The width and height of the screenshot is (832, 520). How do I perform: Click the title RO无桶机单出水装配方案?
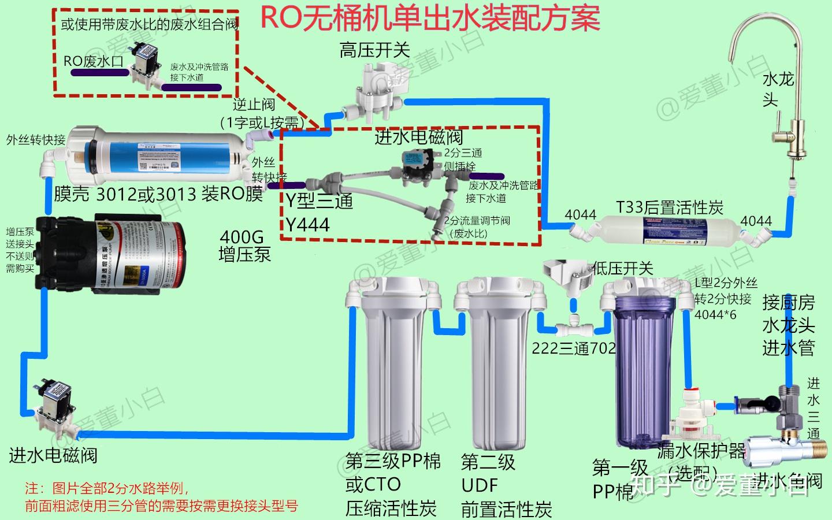coord(430,18)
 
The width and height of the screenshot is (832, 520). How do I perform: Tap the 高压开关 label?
coord(374,50)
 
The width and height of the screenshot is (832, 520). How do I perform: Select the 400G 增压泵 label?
coord(244,246)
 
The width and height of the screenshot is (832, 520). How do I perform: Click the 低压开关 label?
coord(622,268)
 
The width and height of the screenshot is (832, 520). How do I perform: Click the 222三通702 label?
coord(574,348)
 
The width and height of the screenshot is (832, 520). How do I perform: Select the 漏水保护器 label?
coord(701,451)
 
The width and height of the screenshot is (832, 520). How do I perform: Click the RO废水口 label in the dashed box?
coord(94,61)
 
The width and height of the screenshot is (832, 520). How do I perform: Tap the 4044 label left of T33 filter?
coord(580,215)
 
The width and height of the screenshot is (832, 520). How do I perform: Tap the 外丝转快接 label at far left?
coord(36,140)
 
